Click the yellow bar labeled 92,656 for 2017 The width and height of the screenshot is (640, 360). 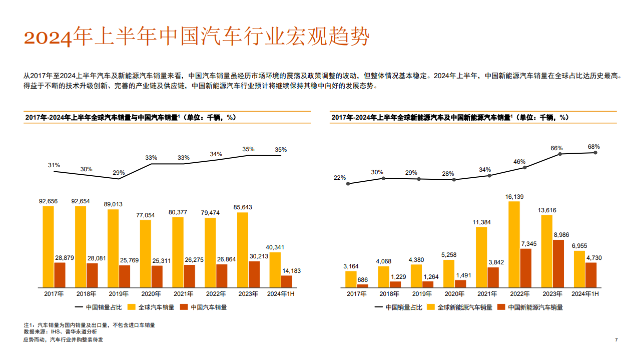[48, 247]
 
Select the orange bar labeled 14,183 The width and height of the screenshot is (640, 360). [286, 282]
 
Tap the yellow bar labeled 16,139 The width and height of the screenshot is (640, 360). [514, 245]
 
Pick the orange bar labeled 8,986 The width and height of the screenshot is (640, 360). [558, 264]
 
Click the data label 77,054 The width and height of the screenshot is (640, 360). [146, 215]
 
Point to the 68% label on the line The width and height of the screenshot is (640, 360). [593, 147]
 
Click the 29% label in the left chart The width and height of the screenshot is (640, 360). [119, 173]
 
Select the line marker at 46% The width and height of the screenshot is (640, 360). [525, 167]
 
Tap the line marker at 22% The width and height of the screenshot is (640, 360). [348, 184]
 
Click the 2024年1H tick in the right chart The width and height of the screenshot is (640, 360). [585, 294]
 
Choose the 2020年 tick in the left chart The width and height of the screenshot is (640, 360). [151, 294]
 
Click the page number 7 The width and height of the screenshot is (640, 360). [616, 340]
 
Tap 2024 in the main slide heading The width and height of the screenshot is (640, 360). [48, 38]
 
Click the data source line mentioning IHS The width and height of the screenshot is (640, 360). [60, 331]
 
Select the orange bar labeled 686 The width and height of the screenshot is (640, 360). [363, 286]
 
